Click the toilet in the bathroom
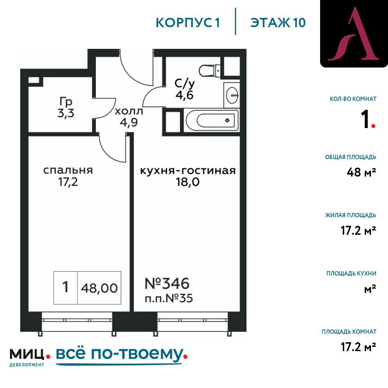(x=210, y=71)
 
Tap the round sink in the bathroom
(x=232, y=95)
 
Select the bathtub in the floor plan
(x=212, y=120)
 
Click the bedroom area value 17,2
(x=68, y=182)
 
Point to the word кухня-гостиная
(x=188, y=171)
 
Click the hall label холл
(x=129, y=111)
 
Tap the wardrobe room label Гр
(x=66, y=102)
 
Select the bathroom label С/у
(x=185, y=84)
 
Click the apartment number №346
(x=167, y=283)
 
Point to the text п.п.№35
(x=169, y=298)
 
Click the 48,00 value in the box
(x=99, y=288)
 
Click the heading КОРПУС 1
(x=188, y=23)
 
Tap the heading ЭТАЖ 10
(x=278, y=23)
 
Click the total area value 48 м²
(x=361, y=172)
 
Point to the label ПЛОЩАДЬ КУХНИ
(x=352, y=274)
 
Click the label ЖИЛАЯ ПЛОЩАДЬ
(x=351, y=215)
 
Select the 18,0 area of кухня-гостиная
(x=187, y=182)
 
